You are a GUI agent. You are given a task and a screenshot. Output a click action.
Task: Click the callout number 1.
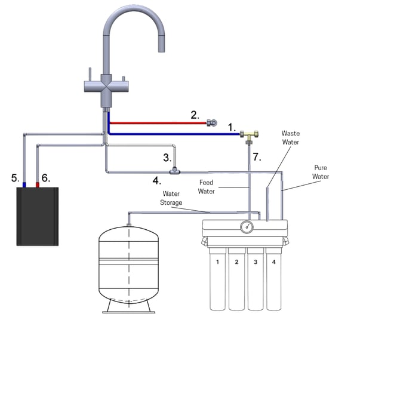[x=232, y=127]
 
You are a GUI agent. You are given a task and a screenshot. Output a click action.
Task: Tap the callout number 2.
[x=195, y=115]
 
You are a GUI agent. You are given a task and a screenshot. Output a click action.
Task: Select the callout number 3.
[x=168, y=158]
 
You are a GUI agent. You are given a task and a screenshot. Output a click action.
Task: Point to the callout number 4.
[x=156, y=180]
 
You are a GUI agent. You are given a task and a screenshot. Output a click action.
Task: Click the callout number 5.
[x=16, y=177]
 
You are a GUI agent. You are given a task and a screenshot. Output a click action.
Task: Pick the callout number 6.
[x=46, y=177]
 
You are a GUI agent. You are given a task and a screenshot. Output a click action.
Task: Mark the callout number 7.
[x=257, y=157]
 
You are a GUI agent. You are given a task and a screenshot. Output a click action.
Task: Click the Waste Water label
[x=291, y=138]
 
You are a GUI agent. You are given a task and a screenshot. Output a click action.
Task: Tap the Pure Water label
[x=321, y=173]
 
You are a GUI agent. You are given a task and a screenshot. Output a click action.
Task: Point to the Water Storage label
[x=171, y=198]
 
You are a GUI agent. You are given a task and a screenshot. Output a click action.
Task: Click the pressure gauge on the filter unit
[x=247, y=227]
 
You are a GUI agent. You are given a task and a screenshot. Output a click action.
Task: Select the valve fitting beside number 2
[x=212, y=123]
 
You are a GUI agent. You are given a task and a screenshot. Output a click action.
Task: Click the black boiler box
[x=37, y=216]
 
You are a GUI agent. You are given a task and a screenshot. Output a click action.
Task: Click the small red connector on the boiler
[x=38, y=185]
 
